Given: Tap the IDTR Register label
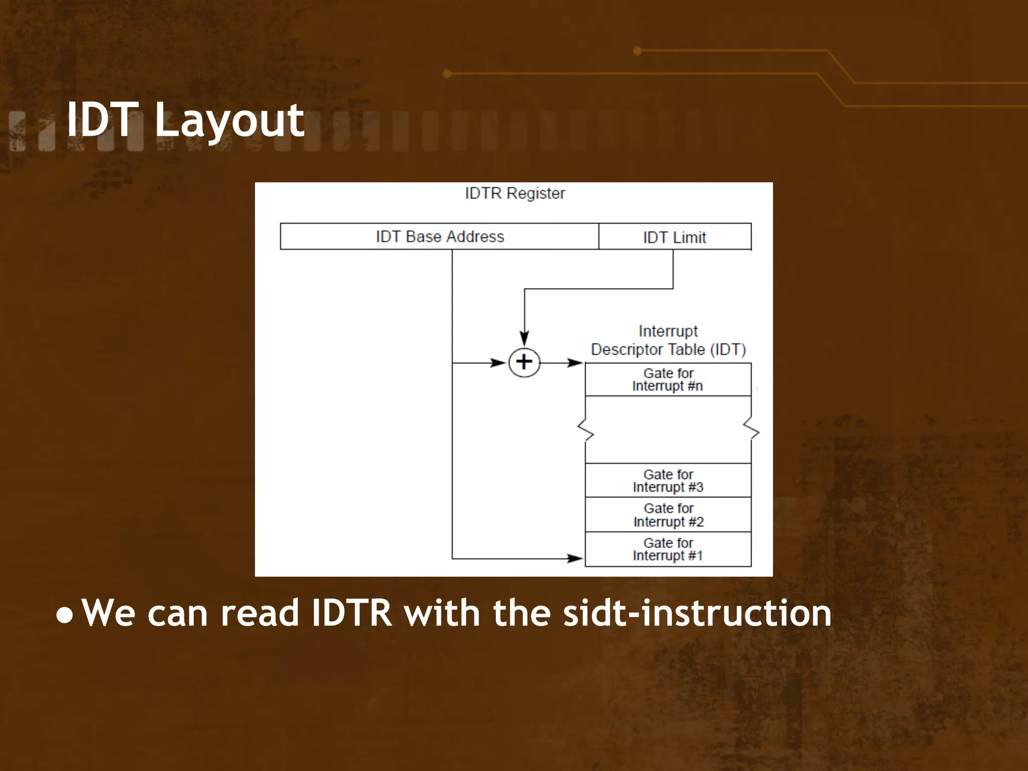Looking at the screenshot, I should coord(515,193).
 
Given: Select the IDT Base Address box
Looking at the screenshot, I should coord(439,236).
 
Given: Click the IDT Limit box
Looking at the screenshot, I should coord(675,237).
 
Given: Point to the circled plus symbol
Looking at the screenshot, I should coord(524,362).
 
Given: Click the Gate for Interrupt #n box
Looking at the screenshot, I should coord(668,380).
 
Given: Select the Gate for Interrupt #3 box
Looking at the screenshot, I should coord(668,480).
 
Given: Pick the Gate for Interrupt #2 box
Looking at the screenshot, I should coord(668,515).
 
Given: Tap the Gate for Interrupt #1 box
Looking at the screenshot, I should coord(668,549).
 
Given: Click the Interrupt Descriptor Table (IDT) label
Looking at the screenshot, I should coord(668,340).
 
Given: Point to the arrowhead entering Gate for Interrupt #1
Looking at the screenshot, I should coord(575,558).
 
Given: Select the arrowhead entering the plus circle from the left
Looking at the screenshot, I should coord(498,362).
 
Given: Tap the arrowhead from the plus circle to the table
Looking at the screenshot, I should coord(575,362).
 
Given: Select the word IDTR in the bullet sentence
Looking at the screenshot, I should coord(351,613).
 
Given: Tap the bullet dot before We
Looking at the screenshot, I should coord(64,616).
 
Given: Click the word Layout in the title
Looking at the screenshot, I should coord(229,120).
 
